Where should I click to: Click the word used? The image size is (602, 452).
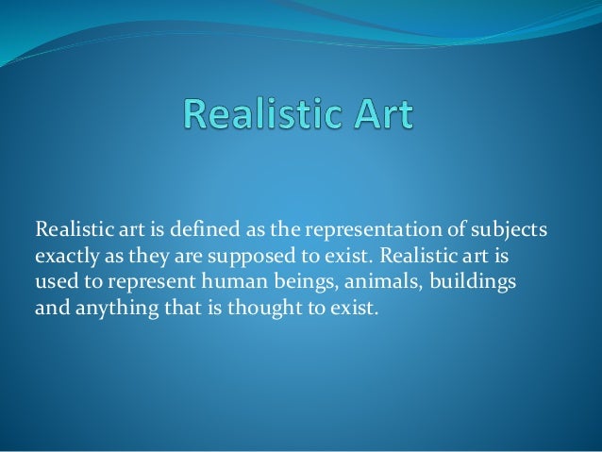(53, 281)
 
